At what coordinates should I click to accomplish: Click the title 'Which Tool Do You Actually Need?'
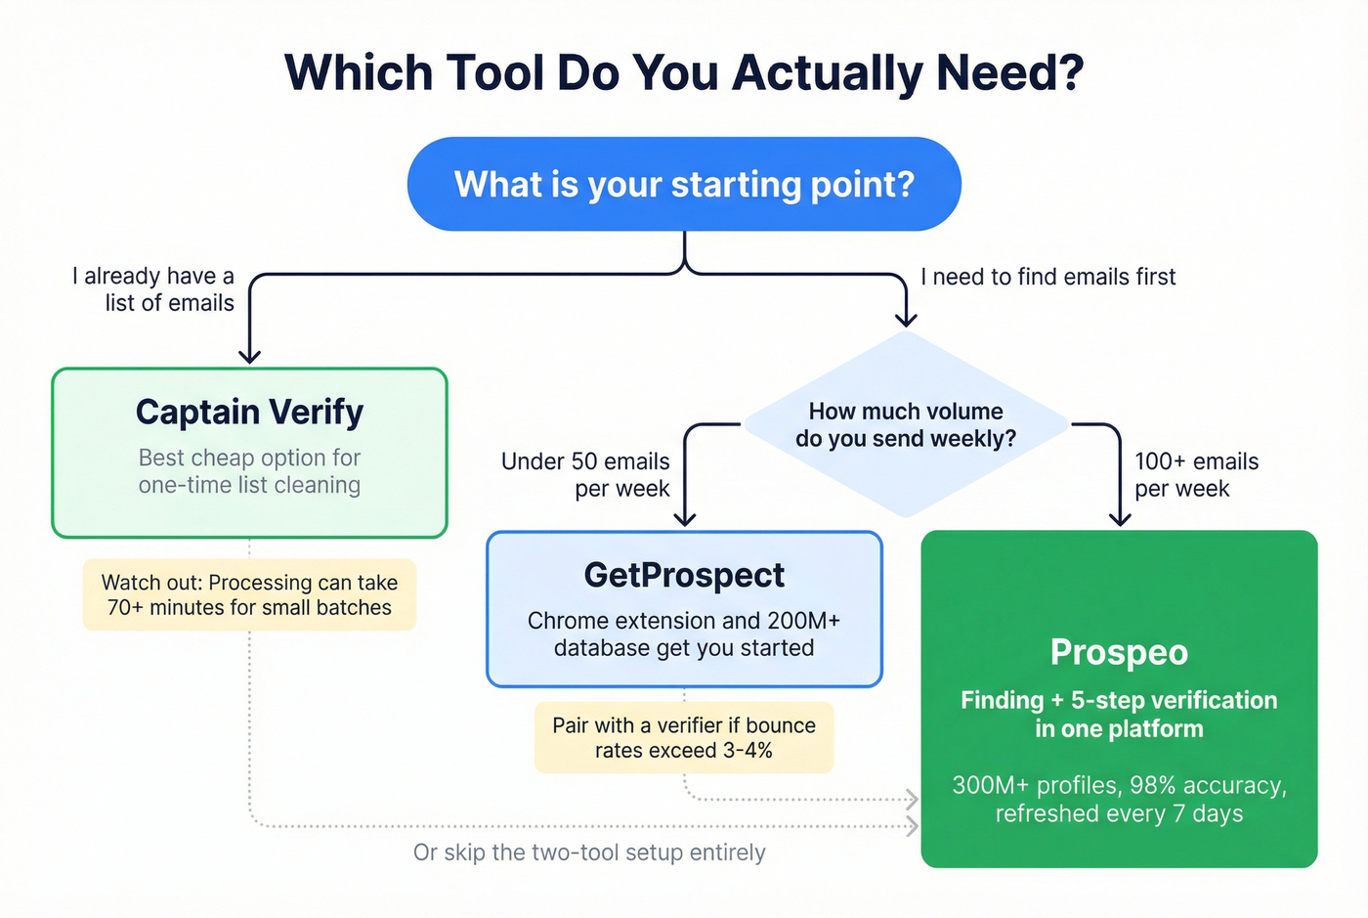(684, 73)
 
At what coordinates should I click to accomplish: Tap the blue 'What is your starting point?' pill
(684, 184)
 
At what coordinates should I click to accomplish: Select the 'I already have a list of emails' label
(154, 289)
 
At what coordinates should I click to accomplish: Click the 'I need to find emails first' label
(1047, 277)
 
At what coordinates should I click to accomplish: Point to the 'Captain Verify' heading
(249, 412)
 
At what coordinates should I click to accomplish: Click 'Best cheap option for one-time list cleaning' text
(249, 471)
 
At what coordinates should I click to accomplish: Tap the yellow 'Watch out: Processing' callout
(249, 594)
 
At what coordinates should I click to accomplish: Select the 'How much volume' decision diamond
(906, 424)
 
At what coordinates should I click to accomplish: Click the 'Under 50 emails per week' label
(586, 474)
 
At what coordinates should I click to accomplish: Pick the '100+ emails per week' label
(1196, 474)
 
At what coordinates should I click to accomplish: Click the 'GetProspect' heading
(684, 575)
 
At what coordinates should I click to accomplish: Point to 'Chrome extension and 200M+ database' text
(684, 634)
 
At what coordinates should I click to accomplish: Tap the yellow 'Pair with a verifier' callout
(684, 737)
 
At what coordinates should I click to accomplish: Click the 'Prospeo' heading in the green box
(1119, 652)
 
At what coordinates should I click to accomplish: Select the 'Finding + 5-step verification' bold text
(1119, 714)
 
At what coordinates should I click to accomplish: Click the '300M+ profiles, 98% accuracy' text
(1119, 799)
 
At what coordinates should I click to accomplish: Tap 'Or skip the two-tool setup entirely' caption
(589, 852)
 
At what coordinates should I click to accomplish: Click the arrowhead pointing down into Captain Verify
(249, 356)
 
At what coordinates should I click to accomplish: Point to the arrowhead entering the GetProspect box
(685, 518)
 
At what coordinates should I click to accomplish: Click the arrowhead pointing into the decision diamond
(906, 319)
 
